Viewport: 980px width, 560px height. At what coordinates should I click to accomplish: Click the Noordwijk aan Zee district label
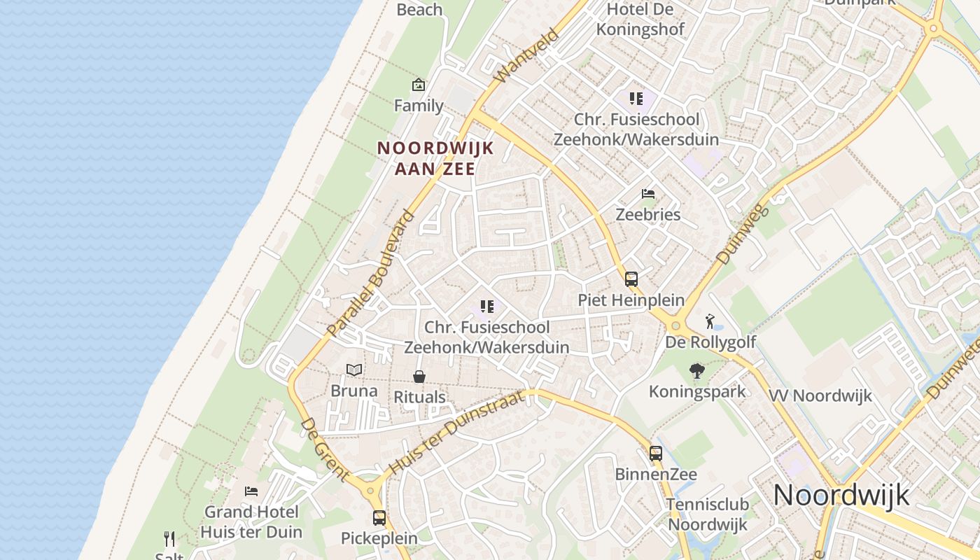(x=435, y=158)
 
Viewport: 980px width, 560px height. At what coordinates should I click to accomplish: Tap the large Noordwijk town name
(x=841, y=495)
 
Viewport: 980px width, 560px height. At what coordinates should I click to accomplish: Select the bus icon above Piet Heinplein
(x=631, y=279)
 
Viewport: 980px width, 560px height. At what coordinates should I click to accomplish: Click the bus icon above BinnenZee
(x=656, y=454)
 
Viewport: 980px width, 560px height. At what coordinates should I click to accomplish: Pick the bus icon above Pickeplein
(x=379, y=518)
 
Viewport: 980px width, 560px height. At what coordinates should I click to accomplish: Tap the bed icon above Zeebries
(x=648, y=194)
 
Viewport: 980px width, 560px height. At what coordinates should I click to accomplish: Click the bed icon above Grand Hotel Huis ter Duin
(x=251, y=491)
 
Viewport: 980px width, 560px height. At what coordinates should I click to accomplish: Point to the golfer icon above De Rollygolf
(x=710, y=322)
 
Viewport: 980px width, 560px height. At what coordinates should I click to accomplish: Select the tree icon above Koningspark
(x=696, y=371)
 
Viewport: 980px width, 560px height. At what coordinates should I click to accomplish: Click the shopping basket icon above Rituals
(x=419, y=377)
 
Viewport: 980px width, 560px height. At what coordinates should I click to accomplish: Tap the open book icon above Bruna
(x=355, y=370)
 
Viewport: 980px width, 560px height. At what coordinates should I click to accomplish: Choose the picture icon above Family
(x=419, y=85)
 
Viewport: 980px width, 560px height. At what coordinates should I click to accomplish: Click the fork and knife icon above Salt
(x=169, y=539)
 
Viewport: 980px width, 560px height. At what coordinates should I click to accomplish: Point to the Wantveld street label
(x=526, y=55)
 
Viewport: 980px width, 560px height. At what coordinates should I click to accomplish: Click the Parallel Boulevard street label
(x=371, y=274)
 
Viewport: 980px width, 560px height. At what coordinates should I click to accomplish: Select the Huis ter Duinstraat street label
(x=456, y=433)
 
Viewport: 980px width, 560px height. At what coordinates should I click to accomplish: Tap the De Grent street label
(x=325, y=449)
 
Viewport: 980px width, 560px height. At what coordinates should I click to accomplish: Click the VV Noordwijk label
(x=820, y=395)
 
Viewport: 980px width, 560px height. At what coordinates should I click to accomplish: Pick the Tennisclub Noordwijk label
(x=708, y=514)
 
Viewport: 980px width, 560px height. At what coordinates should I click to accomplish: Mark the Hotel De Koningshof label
(x=645, y=20)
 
